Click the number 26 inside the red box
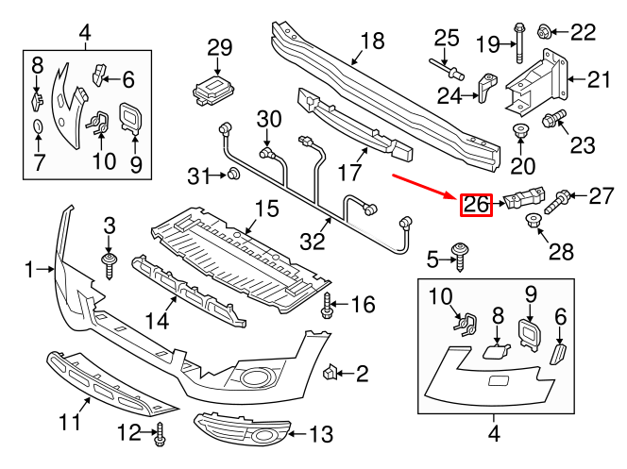point(475,203)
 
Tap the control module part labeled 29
point(213,89)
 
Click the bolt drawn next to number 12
point(161,434)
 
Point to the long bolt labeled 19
point(520,40)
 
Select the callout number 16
point(363,305)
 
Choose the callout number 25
point(446,39)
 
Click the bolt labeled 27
point(558,198)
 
